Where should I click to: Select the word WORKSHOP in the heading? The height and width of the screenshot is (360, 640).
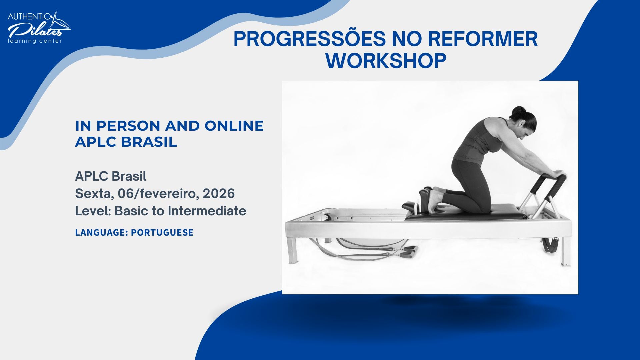click(386, 61)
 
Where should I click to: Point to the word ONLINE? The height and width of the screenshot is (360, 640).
click(234, 126)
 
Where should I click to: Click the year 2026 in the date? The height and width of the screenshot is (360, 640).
click(218, 194)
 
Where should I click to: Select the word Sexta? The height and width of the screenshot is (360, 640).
click(94, 194)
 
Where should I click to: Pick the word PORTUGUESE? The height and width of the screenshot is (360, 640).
click(162, 232)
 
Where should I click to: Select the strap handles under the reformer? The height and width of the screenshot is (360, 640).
click(409, 252)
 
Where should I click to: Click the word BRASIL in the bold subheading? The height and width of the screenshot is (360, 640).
click(149, 142)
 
